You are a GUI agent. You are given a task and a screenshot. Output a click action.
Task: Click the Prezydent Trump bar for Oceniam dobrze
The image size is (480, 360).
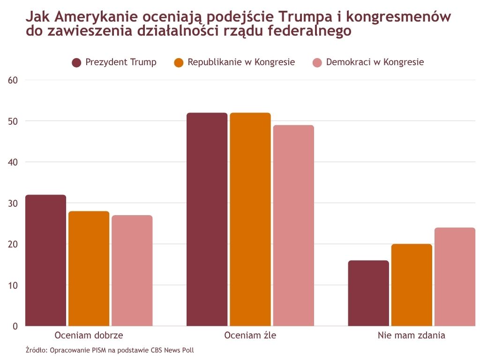click(x=45, y=260)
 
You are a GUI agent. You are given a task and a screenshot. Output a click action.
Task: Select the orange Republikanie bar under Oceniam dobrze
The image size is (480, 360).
click(x=89, y=268)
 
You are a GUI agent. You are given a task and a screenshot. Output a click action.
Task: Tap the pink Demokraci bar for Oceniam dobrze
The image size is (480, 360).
click(x=132, y=270)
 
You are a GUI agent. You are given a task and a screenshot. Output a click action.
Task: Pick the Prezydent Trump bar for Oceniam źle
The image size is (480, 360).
click(x=207, y=219)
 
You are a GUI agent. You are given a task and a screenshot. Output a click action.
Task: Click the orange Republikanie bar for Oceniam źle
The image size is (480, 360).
click(x=250, y=219)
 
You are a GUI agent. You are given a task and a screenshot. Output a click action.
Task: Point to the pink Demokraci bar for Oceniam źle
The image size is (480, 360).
click(x=293, y=225)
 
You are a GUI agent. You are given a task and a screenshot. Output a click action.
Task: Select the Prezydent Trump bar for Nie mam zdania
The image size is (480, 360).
click(x=368, y=293)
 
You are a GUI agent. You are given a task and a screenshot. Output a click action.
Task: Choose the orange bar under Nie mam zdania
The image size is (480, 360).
click(x=412, y=285)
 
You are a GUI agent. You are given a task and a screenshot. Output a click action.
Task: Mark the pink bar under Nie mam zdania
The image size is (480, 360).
click(x=455, y=277)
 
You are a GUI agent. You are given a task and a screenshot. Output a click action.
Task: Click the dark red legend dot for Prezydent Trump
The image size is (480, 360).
click(x=76, y=63)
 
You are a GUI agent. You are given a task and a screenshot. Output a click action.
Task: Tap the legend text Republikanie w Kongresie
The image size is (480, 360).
click(x=241, y=62)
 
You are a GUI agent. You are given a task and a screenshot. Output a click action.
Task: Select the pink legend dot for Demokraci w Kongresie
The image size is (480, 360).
click(x=317, y=63)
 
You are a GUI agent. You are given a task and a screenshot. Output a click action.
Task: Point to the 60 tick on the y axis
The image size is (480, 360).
click(x=13, y=80)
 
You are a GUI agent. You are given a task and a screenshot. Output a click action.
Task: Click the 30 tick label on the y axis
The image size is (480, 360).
click(x=13, y=203)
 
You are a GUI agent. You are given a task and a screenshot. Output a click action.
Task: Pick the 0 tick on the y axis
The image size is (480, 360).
click(x=15, y=326)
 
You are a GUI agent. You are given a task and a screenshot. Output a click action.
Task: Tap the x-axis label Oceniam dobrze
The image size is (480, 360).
click(x=89, y=336)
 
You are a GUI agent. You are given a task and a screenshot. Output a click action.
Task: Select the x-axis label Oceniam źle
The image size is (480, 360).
click(x=250, y=336)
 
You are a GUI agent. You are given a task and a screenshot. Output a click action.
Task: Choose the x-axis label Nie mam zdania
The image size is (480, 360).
click(x=412, y=336)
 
